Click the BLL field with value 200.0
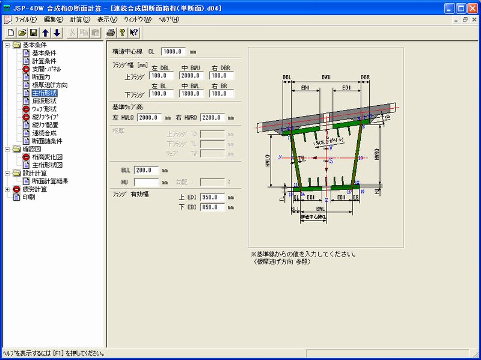(146, 170)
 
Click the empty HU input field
(146, 182)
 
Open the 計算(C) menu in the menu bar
(80, 20)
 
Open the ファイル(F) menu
(26, 20)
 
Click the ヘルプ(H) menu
(169, 20)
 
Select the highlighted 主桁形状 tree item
(45, 93)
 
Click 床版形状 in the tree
(45, 101)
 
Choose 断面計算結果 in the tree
(50, 181)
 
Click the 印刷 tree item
(29, 197)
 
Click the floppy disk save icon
(34, 32)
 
